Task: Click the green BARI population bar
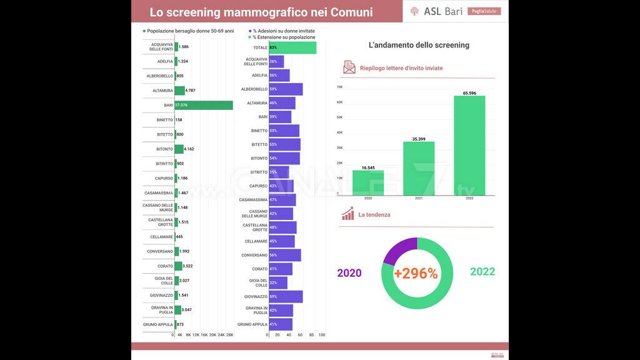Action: (x=204, y=105)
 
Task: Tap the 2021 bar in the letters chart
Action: (x=419, y=169)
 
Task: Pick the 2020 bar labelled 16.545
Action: (x=368, y=182)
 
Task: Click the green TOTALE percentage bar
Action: (x=292, y=47)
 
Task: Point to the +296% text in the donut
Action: (x=416, y=273)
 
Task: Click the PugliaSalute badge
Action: (x=484, y=11)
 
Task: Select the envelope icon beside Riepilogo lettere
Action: (x=349, y=67)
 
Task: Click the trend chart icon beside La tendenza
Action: (x=348, y=214)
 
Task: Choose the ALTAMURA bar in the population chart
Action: (x=179, y=91)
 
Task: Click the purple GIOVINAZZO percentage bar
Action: (x=286, y=296)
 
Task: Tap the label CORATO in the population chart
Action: (x=165, y=266)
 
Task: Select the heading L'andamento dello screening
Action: (x=419, y=45)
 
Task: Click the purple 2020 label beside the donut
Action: (x=349, y=273)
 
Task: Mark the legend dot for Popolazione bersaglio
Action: (x=144, y=31)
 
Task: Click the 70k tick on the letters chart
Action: (x=339, y=87)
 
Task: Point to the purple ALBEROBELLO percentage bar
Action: (x=286, y=89)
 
